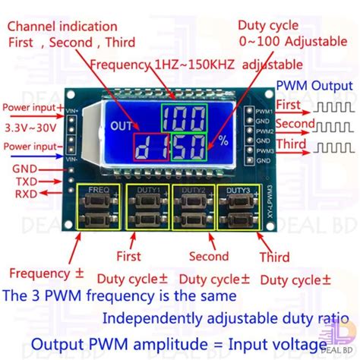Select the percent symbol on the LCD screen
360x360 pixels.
[x=223, y=142]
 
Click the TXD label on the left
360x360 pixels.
[x=27, y=183]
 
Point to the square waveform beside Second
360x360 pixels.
[x=335, y=125]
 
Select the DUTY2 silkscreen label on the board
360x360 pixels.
[x=191, y=188]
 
